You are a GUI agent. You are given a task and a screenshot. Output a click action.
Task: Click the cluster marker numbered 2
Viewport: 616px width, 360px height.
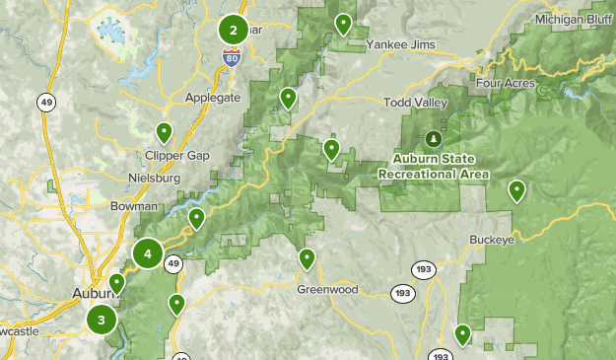point(234,30)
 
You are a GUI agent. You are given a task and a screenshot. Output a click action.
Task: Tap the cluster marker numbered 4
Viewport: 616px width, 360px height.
point(148,254)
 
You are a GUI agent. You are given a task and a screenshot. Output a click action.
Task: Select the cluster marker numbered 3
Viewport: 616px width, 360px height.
point(101,320)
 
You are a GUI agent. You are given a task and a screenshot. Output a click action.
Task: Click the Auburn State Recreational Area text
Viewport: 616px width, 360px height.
point(434,167)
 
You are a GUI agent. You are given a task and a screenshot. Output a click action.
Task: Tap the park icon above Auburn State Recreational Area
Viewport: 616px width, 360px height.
point(434,138)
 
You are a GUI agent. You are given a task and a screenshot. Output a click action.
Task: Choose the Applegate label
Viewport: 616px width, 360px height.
point(212,98)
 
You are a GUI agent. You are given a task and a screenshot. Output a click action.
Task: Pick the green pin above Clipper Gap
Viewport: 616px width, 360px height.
point(165,131)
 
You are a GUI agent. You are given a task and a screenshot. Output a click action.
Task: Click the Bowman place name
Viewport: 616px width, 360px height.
point(135,206)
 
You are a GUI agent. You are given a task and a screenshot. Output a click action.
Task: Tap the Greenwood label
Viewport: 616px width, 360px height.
point(327,290)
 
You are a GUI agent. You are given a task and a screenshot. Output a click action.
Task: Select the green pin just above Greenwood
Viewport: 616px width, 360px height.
point(307,258)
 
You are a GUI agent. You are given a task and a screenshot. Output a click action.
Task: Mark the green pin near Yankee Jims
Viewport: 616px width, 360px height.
point(343,23)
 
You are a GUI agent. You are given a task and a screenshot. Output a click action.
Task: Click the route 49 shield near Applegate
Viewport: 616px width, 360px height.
point(46,102)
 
